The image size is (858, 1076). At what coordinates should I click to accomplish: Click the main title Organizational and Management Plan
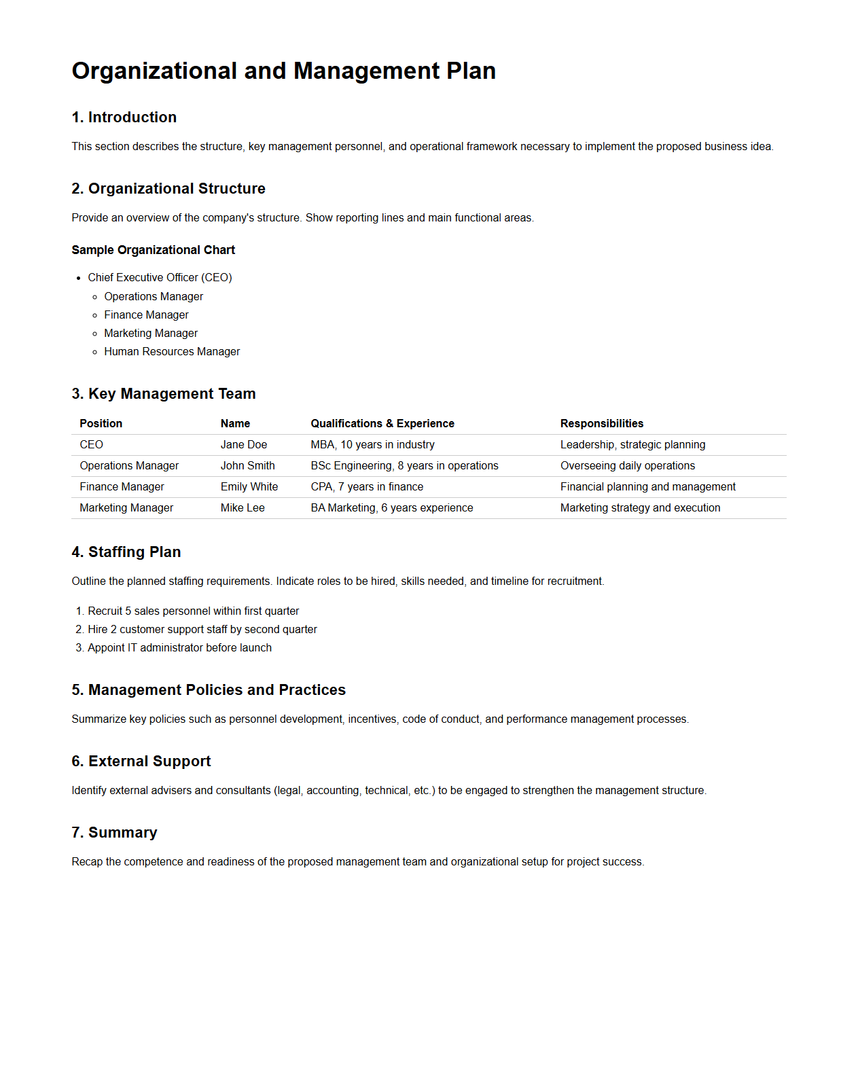[x=283, y=71]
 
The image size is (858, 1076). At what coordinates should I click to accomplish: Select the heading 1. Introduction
[x=124, y=117]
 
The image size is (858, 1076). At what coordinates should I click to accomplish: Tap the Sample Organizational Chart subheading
[x=153, y=250]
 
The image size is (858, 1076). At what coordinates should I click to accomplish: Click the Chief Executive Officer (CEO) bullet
[x=160, y=277]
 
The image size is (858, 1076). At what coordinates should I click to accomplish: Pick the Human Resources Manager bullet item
[x=172, y=351]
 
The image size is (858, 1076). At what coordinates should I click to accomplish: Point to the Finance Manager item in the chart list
[x=146, y=315]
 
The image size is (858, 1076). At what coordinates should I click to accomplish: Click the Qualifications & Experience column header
[x=382, y=423]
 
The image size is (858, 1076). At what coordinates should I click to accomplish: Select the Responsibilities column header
[x=601, y=423]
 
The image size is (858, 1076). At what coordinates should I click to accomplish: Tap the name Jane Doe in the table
[x=243, y=444]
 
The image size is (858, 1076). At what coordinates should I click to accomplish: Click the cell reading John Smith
[x=247, y=465]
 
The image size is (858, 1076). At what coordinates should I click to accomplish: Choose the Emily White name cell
[x=249, y=486]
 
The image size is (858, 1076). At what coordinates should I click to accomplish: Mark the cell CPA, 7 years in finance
[x=367, y=486]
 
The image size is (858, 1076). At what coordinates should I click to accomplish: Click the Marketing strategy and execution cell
[x=640, y=507]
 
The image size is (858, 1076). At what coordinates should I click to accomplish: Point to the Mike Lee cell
[x=243, y=507]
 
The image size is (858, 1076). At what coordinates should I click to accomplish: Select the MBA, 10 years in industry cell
[x=372, y=444]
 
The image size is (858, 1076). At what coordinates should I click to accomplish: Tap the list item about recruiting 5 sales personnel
[x=193, y=611]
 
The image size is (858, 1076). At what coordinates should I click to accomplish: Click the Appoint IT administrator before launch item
[x=179, y=647]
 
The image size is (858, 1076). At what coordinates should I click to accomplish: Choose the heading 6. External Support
[x=141, y=761]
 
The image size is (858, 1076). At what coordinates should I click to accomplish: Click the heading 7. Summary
[x=114, y=832]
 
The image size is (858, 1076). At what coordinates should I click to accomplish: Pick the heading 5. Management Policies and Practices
[x=209, y=689]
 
